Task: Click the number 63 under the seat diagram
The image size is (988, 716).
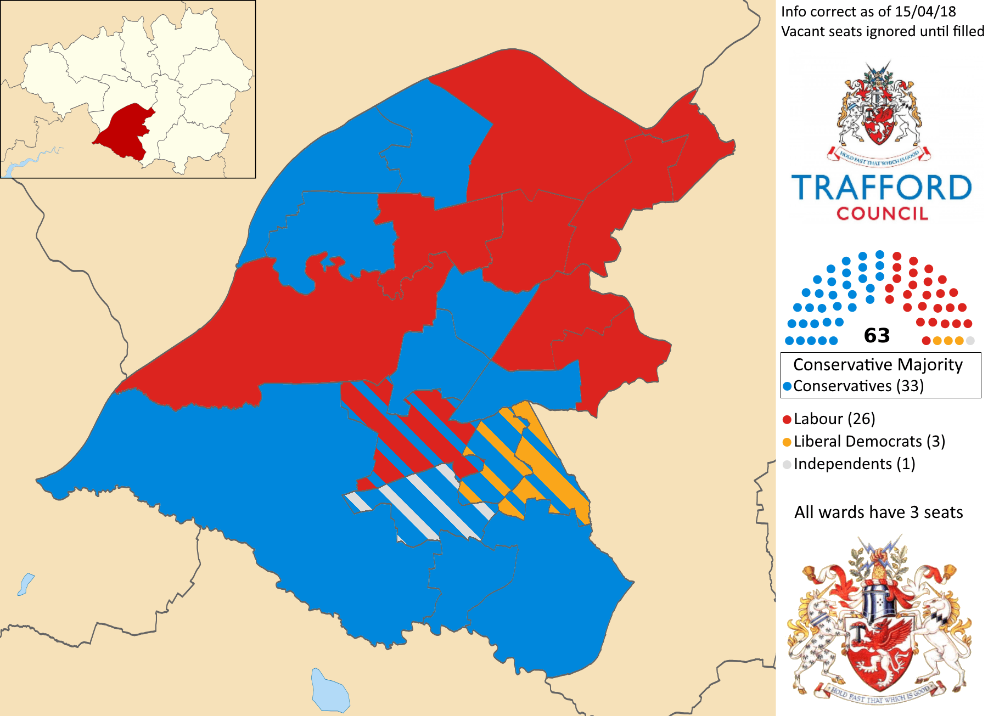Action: [877, 335]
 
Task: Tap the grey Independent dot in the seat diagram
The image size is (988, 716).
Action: [970, 341]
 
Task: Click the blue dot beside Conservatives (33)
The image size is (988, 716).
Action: [787, 386]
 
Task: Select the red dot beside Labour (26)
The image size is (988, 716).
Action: [787, 420]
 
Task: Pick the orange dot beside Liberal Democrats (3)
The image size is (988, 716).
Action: [787, 442]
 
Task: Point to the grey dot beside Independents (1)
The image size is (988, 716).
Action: [787, 465]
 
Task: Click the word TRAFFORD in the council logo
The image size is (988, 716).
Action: [881, 188]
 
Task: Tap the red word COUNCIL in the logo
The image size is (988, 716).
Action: [882, 213]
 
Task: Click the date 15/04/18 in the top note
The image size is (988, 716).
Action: [925, 12]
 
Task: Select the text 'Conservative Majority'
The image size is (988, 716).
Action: [878, 365]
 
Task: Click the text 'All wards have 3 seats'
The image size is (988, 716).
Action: [878, 512]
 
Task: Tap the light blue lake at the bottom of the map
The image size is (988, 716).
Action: [329, 691]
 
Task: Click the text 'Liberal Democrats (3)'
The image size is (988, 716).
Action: [869, 442]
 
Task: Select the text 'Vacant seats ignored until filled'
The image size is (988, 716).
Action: [882, 31]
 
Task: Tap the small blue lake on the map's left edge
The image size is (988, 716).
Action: [25, 584]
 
